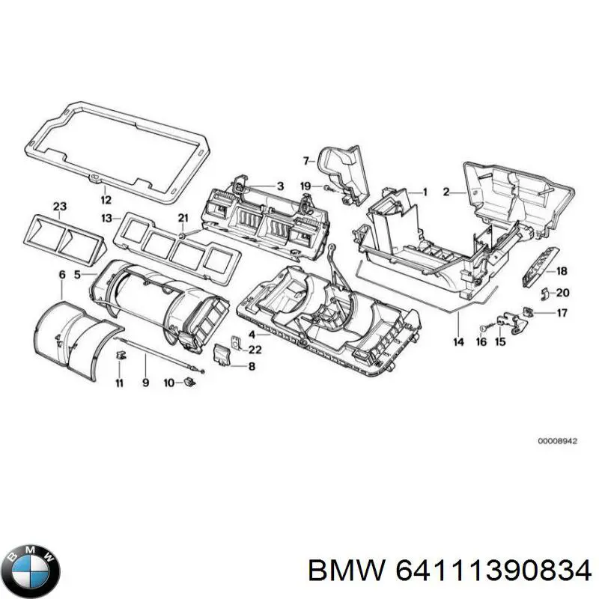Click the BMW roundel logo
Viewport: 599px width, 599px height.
pyautogui.click(x=31, y=570)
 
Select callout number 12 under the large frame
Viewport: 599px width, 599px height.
pyautogui.click(x=106, y=200)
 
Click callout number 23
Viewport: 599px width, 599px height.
pyautogui.click(x=60, y=206)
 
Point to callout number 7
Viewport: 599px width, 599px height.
pyautogui.click(x=305, y=160)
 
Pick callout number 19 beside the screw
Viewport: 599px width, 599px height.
pyautogui.click(x=305, y=186)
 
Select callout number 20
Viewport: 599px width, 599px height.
pyautogui.click(x=563, y=293)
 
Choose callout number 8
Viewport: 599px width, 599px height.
pyautogui.click(x=252, y=365)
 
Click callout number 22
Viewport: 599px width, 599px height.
pyautogui.click(x=255, y=350)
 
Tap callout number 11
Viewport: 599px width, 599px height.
pyautogui.click(x=119, y=383)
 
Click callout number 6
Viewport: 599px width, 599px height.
pyautogui.click(x=61, y=276)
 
